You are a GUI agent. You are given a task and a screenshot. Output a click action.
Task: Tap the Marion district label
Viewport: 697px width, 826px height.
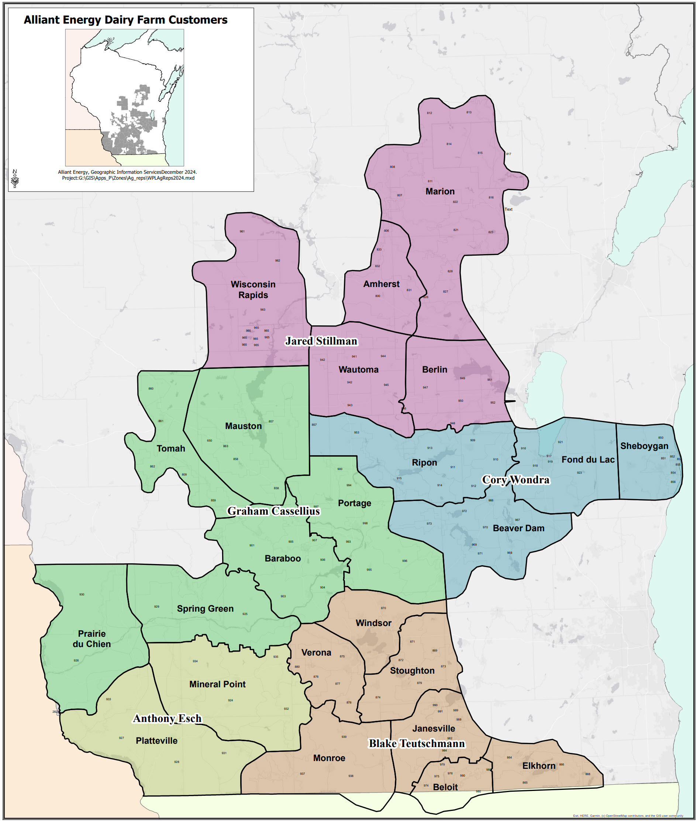click(440, 191)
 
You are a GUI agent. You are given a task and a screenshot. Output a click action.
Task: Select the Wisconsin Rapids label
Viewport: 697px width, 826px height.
click(253, 290)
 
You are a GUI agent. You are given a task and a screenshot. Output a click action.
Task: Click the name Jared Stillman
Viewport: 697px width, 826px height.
click(321, 341)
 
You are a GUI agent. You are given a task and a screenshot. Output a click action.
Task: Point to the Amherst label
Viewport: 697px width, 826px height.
click(381, 284)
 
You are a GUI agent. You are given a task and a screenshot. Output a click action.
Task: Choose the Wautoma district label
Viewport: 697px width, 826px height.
click(358, 369)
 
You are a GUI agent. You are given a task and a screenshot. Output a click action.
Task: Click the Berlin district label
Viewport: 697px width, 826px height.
click(434, 369)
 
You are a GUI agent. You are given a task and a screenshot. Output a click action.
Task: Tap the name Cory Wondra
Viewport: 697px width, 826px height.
click(515, 480)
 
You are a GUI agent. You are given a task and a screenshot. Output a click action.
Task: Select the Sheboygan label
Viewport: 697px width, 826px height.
click(644, 446)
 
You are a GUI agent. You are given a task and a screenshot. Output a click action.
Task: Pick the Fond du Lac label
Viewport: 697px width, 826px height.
click(587, 459)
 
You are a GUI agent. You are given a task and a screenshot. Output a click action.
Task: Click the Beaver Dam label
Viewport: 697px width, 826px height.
click(518, 528)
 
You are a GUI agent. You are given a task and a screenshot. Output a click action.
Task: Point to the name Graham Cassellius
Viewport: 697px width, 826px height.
click(273, 511)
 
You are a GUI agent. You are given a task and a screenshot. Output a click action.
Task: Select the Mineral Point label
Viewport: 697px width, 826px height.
click(217, 684)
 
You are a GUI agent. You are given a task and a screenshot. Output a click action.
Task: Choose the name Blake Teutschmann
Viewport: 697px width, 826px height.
click(417, 743)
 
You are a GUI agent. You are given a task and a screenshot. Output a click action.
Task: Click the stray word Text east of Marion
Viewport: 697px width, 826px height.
click(508, 210)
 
